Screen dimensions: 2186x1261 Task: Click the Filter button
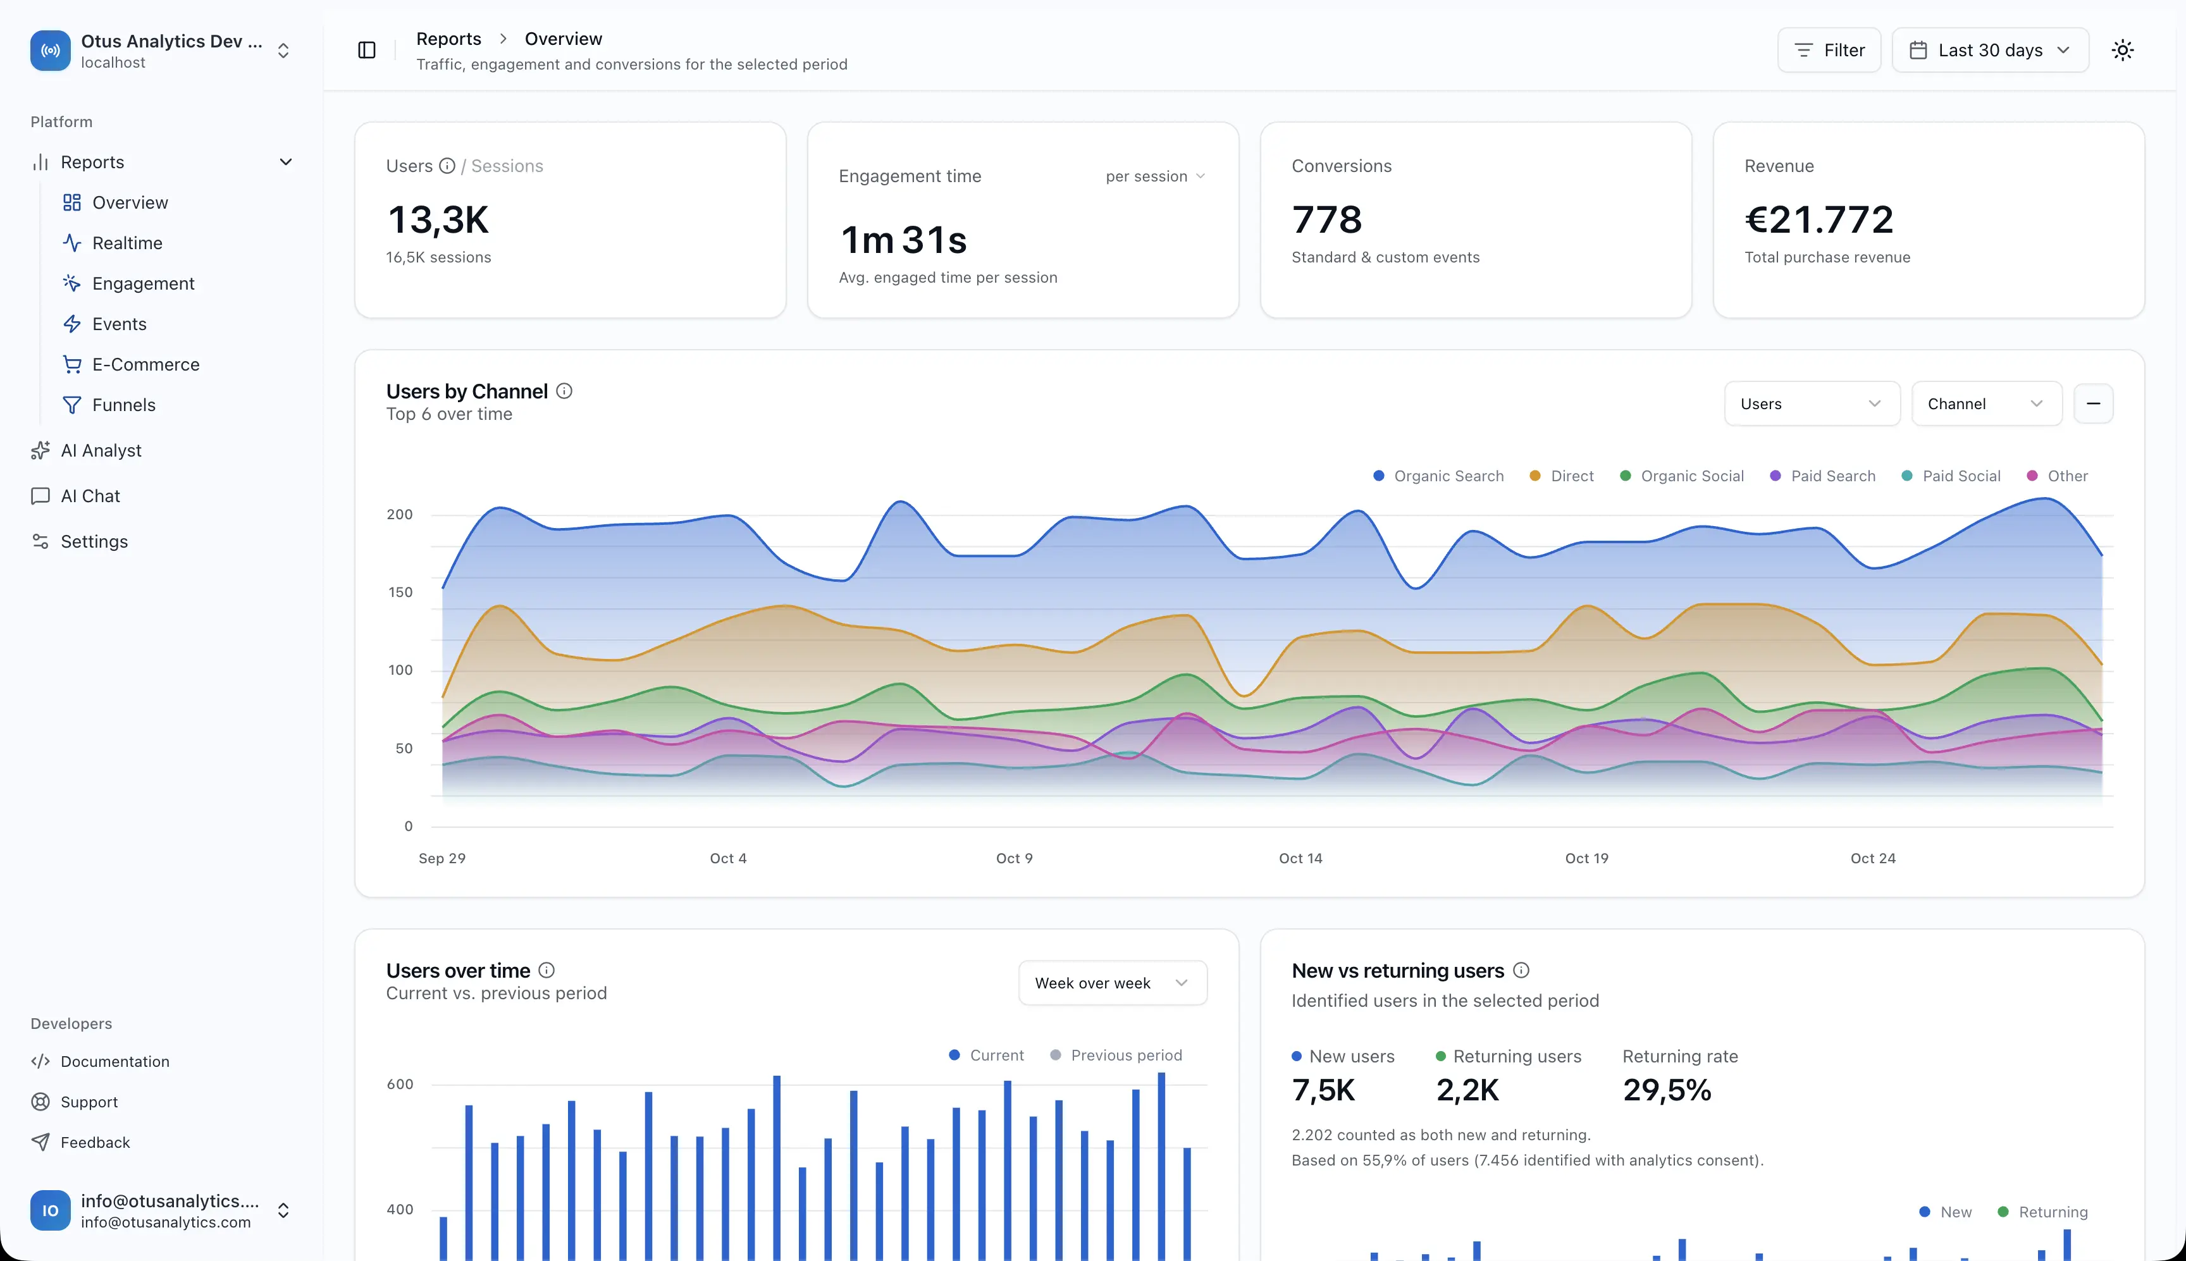1828,50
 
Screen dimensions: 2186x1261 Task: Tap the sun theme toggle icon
2122,50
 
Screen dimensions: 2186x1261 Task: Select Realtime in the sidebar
127,243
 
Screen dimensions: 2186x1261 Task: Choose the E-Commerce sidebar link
145,365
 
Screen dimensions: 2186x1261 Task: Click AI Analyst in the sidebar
101,450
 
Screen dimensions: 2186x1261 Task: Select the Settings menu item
94,541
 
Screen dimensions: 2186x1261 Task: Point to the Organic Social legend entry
1681,476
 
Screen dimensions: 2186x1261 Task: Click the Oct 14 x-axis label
1300,858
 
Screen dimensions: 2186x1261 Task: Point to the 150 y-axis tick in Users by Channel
400,593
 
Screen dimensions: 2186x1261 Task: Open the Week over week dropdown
1112,983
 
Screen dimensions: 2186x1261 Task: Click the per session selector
1154,176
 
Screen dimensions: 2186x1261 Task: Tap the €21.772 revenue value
1819,220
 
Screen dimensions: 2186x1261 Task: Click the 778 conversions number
1327,220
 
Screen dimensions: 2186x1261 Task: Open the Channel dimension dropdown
1986,403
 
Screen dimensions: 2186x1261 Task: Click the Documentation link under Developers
114,1062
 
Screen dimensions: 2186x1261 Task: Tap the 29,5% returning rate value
1666,1090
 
